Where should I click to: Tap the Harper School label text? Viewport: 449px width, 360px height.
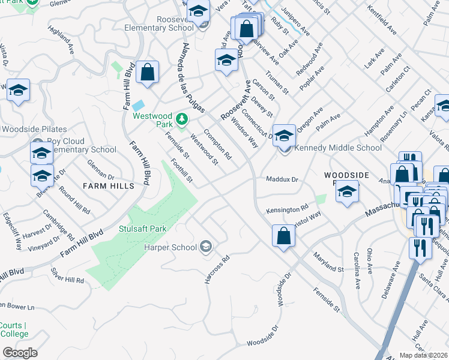pos(170,247)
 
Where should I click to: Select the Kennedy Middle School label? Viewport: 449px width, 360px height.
pos(338,148)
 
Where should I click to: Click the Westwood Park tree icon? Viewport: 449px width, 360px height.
pos(183,116)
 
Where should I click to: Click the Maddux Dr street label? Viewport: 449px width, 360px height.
pos(282,179)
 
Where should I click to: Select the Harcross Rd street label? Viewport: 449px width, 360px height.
pos(217,271)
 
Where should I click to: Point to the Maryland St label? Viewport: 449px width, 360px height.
pos(328,262)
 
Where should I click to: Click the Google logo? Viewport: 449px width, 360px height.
pos(20,353)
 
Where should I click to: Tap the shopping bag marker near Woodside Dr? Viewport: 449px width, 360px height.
pos(283,235)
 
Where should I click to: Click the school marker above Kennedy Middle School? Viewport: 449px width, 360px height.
pos(284,134)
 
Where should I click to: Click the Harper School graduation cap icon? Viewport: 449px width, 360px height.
pos(206,246)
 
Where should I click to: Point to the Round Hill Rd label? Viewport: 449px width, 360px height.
pos(74,200)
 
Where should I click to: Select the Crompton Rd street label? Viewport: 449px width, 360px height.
pos(217,144)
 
